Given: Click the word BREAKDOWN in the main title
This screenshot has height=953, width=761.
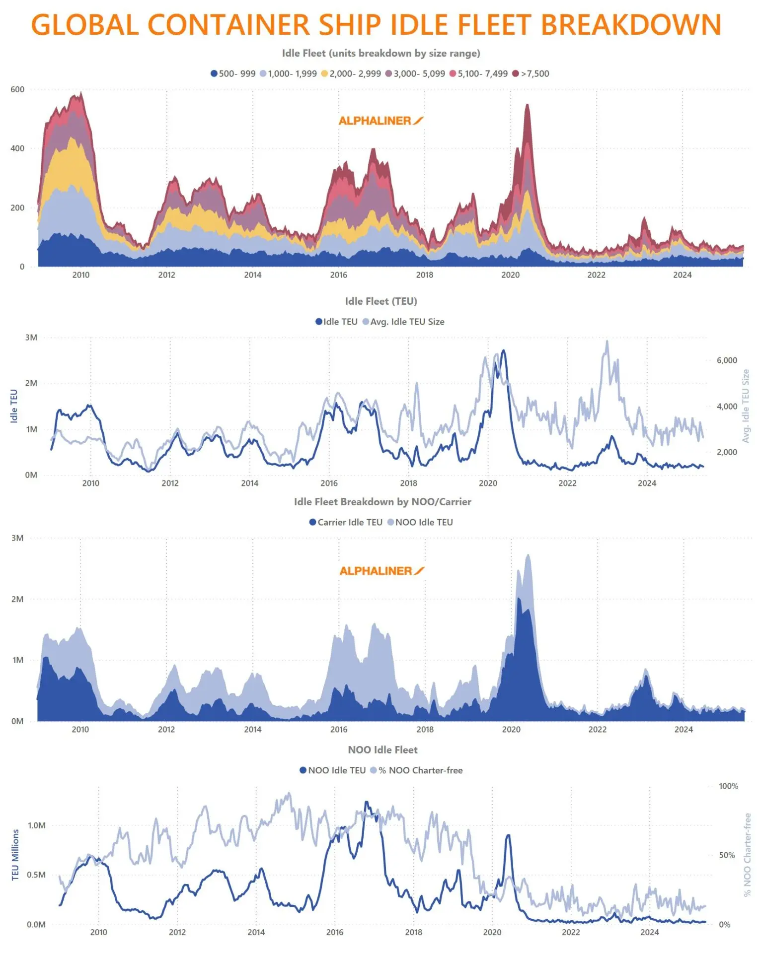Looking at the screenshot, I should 630,25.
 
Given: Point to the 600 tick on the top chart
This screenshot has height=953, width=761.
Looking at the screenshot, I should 17,89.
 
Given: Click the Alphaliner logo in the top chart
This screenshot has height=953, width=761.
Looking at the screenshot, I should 380,121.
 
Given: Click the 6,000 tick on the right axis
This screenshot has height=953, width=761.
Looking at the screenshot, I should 726,360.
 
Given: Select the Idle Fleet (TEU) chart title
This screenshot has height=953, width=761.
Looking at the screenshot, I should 381,301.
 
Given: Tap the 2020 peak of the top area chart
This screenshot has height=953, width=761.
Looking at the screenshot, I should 527,105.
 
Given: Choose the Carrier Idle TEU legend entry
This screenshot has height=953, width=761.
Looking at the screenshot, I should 346,522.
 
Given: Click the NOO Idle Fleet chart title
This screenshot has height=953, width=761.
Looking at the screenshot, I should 382,750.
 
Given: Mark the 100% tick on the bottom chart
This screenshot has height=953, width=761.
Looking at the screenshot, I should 728,786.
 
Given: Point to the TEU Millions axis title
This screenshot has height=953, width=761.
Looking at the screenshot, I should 15,855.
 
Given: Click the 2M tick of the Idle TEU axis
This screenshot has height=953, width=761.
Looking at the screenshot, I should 31,383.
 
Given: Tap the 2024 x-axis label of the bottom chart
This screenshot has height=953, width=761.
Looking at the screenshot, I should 649,932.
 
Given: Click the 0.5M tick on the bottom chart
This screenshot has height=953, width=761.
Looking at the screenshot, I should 36,875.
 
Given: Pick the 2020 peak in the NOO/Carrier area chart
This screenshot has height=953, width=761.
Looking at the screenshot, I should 528,556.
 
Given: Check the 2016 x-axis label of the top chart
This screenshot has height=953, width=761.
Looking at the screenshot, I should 338,275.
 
